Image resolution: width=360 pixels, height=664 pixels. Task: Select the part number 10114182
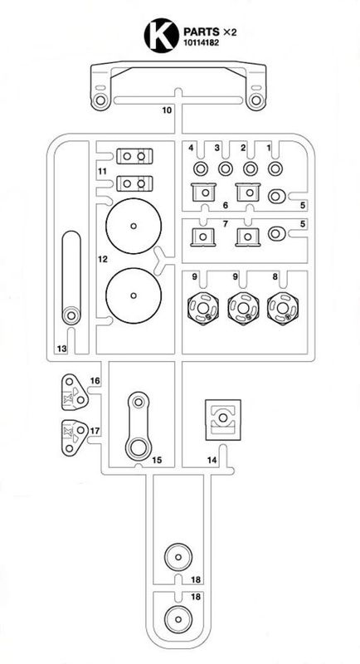coord(201,42)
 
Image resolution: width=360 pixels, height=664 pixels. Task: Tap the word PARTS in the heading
coord(202,32)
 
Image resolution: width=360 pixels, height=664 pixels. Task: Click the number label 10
coord(167,110)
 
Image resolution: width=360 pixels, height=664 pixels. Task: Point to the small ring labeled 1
coord(275,169)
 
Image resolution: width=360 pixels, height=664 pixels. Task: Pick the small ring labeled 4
coord(201,169)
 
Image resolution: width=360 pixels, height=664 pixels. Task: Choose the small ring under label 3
coord(226,169)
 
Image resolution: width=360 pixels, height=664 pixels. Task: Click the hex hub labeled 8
coord(283,308)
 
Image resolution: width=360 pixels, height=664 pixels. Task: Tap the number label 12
coord(103,259)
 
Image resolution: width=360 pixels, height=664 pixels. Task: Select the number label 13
coord(61,349)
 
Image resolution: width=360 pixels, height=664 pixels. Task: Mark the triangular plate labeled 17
coord(75,437)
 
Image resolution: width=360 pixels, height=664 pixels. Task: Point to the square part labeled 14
coord(223,419)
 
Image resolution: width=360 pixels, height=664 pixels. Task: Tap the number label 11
coord(101,171)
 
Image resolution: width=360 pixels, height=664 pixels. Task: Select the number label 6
coord(225,205)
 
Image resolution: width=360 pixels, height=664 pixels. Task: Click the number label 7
coord(225,223)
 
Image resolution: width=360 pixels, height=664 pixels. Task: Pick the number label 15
coord(157,460)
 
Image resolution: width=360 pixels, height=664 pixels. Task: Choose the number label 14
coord(212,460)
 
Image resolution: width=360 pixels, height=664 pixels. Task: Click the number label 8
coord(275,277)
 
